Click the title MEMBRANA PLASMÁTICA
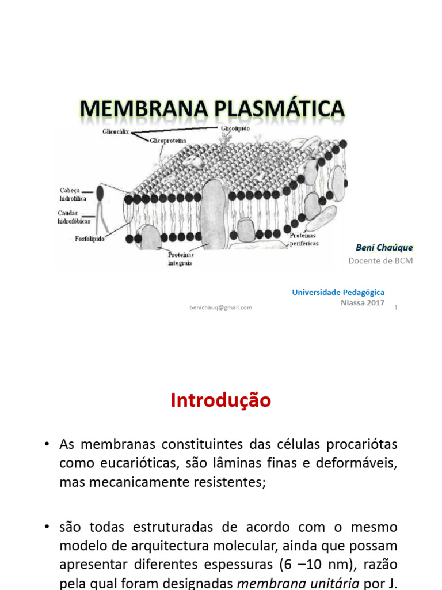(x=212, y=109)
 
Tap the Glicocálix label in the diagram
(x=115, y=132)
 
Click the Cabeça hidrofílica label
(x=74, y=194)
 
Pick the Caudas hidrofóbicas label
(x=74, y=217)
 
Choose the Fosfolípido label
(x=89, y=238)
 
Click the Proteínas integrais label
(x=181, y=259)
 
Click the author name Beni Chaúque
(x=384, y=248)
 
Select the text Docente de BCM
(x=380, y=260)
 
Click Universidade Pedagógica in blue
(x=338, y=292)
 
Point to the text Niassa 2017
(x=363, y=302)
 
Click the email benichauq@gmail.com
(x=220, y=307)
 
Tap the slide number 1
(x=396, y=308)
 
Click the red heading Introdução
(x=220, y=400)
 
